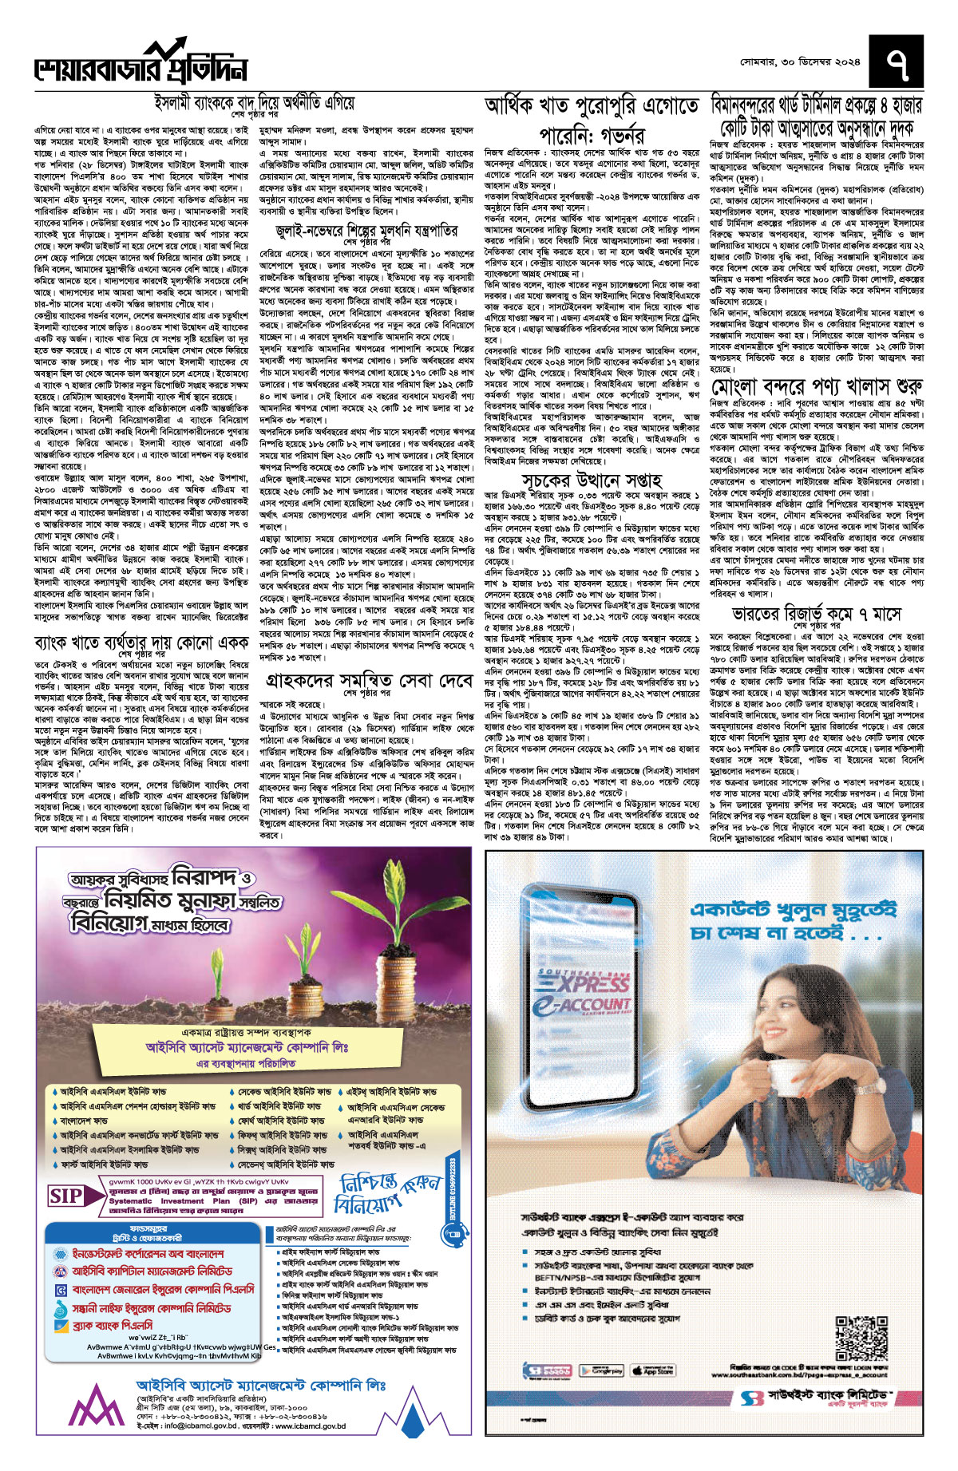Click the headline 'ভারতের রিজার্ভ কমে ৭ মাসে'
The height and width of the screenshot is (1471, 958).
point(817,614)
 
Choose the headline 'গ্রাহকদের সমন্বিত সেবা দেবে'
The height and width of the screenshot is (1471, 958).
point(369,682)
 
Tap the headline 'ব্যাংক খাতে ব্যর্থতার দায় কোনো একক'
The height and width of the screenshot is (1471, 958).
point(142,643)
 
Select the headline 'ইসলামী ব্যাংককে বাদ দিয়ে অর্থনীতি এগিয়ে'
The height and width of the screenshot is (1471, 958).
point(254,104)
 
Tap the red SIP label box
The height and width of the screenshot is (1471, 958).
point(66,1196)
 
